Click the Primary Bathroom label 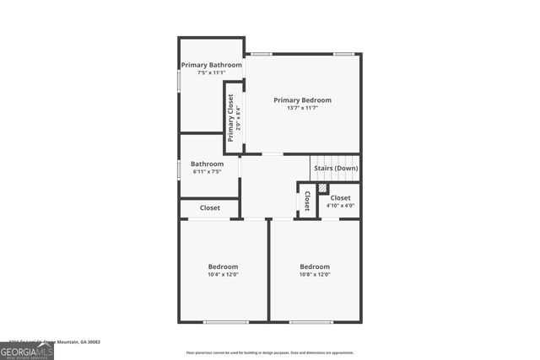click(212, 65)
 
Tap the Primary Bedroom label click(302, 100)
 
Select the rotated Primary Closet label click(230, 117)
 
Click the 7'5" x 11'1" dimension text click(212, 73)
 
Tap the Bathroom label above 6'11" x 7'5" click(207, 164)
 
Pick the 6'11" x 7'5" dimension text click(207, 172)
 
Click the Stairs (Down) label click(336, 169)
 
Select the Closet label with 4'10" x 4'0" click(340, 198)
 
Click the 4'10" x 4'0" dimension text click(340, 206)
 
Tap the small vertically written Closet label click(308, 201)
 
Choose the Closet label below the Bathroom click(209, 208)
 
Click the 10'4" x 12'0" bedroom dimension click(224, 274)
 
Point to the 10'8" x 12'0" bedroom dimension click(315, 274)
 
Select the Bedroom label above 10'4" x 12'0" click(224, 266)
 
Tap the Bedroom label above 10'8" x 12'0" click(315, 266)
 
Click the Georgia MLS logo click(27, 349)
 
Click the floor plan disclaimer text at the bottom click(270, 352)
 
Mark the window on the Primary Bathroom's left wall click(178, 79)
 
